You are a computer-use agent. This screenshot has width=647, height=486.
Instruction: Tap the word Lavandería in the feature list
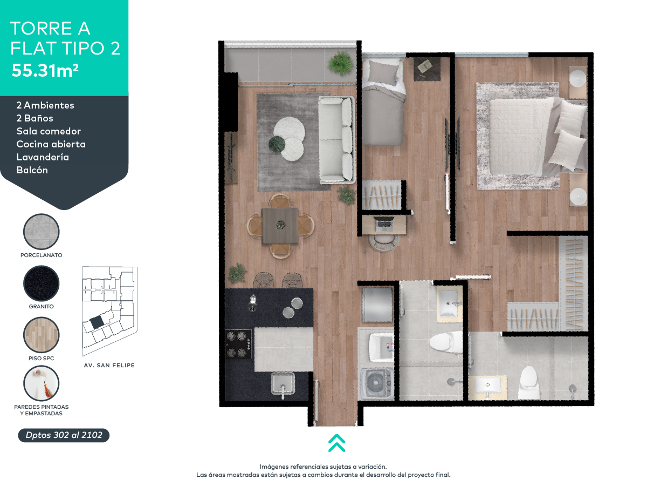point(43,157)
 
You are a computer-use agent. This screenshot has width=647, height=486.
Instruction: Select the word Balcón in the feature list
point(32,170)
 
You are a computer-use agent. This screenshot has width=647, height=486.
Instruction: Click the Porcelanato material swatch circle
point(42,232)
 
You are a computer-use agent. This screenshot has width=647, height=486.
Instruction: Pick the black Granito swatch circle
point(42,283)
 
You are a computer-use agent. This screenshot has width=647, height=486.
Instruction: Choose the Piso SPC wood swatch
point(42,335)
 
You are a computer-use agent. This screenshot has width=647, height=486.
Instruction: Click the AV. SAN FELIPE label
point(109,366)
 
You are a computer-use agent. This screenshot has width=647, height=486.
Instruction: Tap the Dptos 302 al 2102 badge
point(64,435)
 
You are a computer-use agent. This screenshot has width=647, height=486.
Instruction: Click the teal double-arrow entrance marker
point(336,442)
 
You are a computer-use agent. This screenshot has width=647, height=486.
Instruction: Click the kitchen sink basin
point(282,384)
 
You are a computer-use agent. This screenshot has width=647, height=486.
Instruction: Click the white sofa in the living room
point(336,139)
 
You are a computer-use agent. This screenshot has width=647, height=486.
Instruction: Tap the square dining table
point(280,226)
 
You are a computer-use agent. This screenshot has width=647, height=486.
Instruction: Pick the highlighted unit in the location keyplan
point(97,322)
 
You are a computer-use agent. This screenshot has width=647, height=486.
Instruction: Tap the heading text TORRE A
point(50,28)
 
